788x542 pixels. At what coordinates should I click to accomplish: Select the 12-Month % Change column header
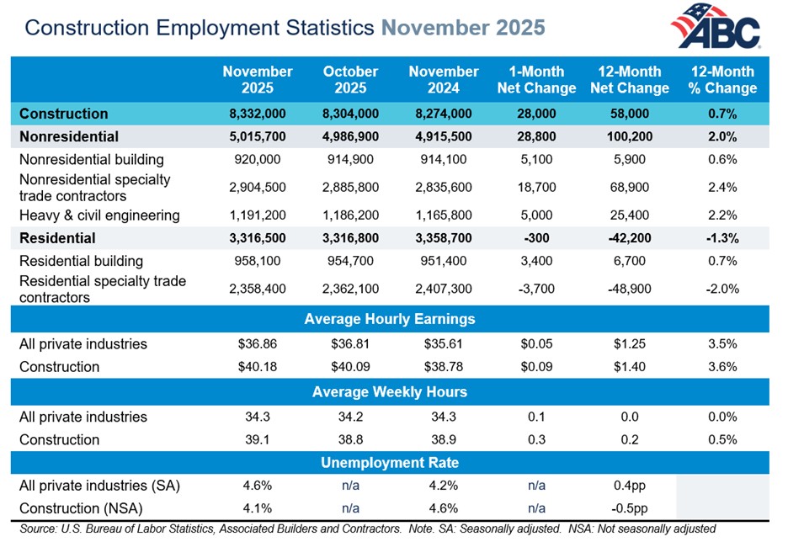tap(723, 80)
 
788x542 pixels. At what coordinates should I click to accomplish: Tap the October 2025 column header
tap(350, 80)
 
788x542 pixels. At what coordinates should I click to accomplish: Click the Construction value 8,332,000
tap(257, 114)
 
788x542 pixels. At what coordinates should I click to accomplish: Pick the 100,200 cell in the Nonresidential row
tap(634, 136)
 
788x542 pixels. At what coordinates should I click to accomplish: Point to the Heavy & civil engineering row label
tap(99, 215)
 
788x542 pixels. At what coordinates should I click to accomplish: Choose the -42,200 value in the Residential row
tap(634, 238)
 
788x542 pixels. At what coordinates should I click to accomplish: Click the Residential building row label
tap(81, 261)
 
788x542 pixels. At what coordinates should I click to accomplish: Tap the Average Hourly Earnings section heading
tap(390, 319)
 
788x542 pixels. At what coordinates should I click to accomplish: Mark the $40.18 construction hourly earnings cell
tap(257, 367)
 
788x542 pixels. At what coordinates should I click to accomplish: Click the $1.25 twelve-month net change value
tap(634, 344)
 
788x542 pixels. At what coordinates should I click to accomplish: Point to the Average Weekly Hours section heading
tap(390, 391)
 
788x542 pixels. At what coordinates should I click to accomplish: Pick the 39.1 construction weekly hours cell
tap(257, 439)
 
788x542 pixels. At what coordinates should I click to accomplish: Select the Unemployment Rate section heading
tap(390, 463)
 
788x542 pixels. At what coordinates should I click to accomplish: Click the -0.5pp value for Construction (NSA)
tap(634, 508)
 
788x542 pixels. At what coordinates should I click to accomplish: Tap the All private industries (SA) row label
tap(99, 486)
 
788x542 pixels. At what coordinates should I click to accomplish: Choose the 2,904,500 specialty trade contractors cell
tap(257, 188)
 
